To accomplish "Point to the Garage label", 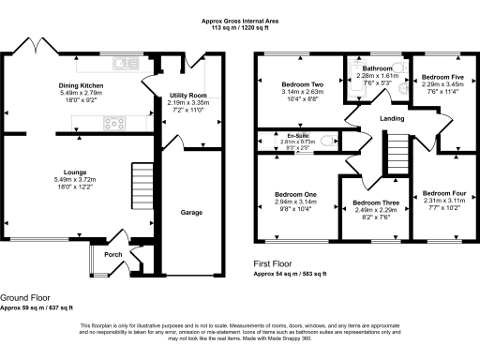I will [191, 213].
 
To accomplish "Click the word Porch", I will [112, 254].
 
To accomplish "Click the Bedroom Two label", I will [303, 84].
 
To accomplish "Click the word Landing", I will [393, 119].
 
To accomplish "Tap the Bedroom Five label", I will [438, 77].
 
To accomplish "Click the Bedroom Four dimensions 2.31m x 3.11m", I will [437, 201].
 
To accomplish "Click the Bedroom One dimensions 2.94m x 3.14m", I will [295, 201].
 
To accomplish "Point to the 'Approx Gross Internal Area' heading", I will [240, 20].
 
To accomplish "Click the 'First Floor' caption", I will [275, 265].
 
